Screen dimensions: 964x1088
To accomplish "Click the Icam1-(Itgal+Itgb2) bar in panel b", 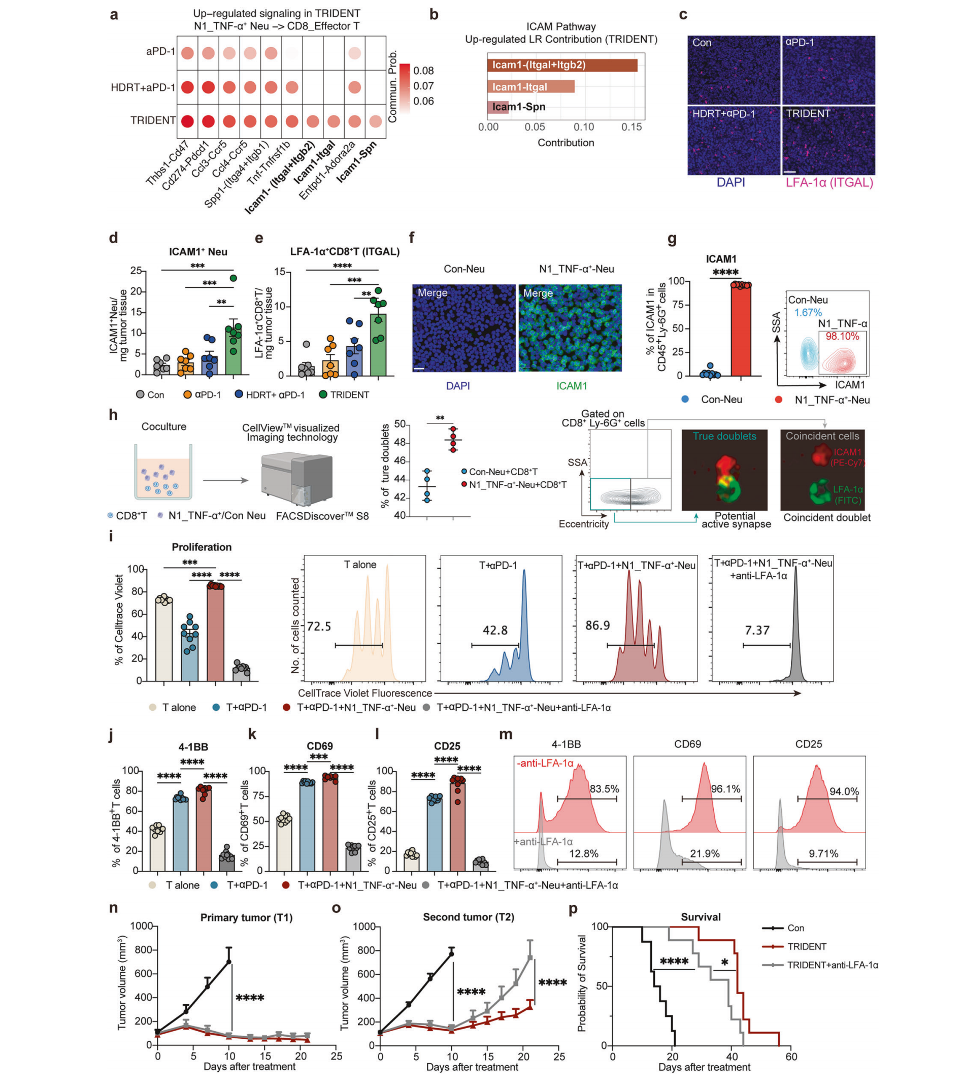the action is tap(561, 65).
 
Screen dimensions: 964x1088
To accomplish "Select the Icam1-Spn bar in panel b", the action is tap(497, 107).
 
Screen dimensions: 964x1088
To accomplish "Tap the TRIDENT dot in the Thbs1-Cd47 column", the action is tap(187, 121).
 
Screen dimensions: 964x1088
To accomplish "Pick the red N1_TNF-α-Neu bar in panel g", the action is tap(741, 330).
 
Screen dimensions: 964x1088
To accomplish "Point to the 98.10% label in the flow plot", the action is tap(842, 336).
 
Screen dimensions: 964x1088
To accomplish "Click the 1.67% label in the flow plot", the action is tap(808, 312).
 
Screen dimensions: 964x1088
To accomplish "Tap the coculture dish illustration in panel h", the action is tap(163, 472).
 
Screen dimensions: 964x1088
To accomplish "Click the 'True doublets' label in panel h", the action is tap(724, 436).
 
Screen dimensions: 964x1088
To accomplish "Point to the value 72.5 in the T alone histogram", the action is tap(319, 626).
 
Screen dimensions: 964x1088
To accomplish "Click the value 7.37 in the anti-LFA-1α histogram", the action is tap(757, 630).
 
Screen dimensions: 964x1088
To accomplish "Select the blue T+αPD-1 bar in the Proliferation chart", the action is tap(189, 655).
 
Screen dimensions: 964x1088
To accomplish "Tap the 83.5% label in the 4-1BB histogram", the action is tap(604, 788).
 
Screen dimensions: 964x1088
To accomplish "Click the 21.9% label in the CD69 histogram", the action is tap(705, 853).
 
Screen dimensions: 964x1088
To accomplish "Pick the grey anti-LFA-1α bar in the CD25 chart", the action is tap(481, 866).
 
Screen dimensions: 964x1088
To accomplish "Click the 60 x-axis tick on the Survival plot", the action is tap(791, 1056).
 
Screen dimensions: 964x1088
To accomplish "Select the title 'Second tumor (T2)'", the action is tap(469, 916).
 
